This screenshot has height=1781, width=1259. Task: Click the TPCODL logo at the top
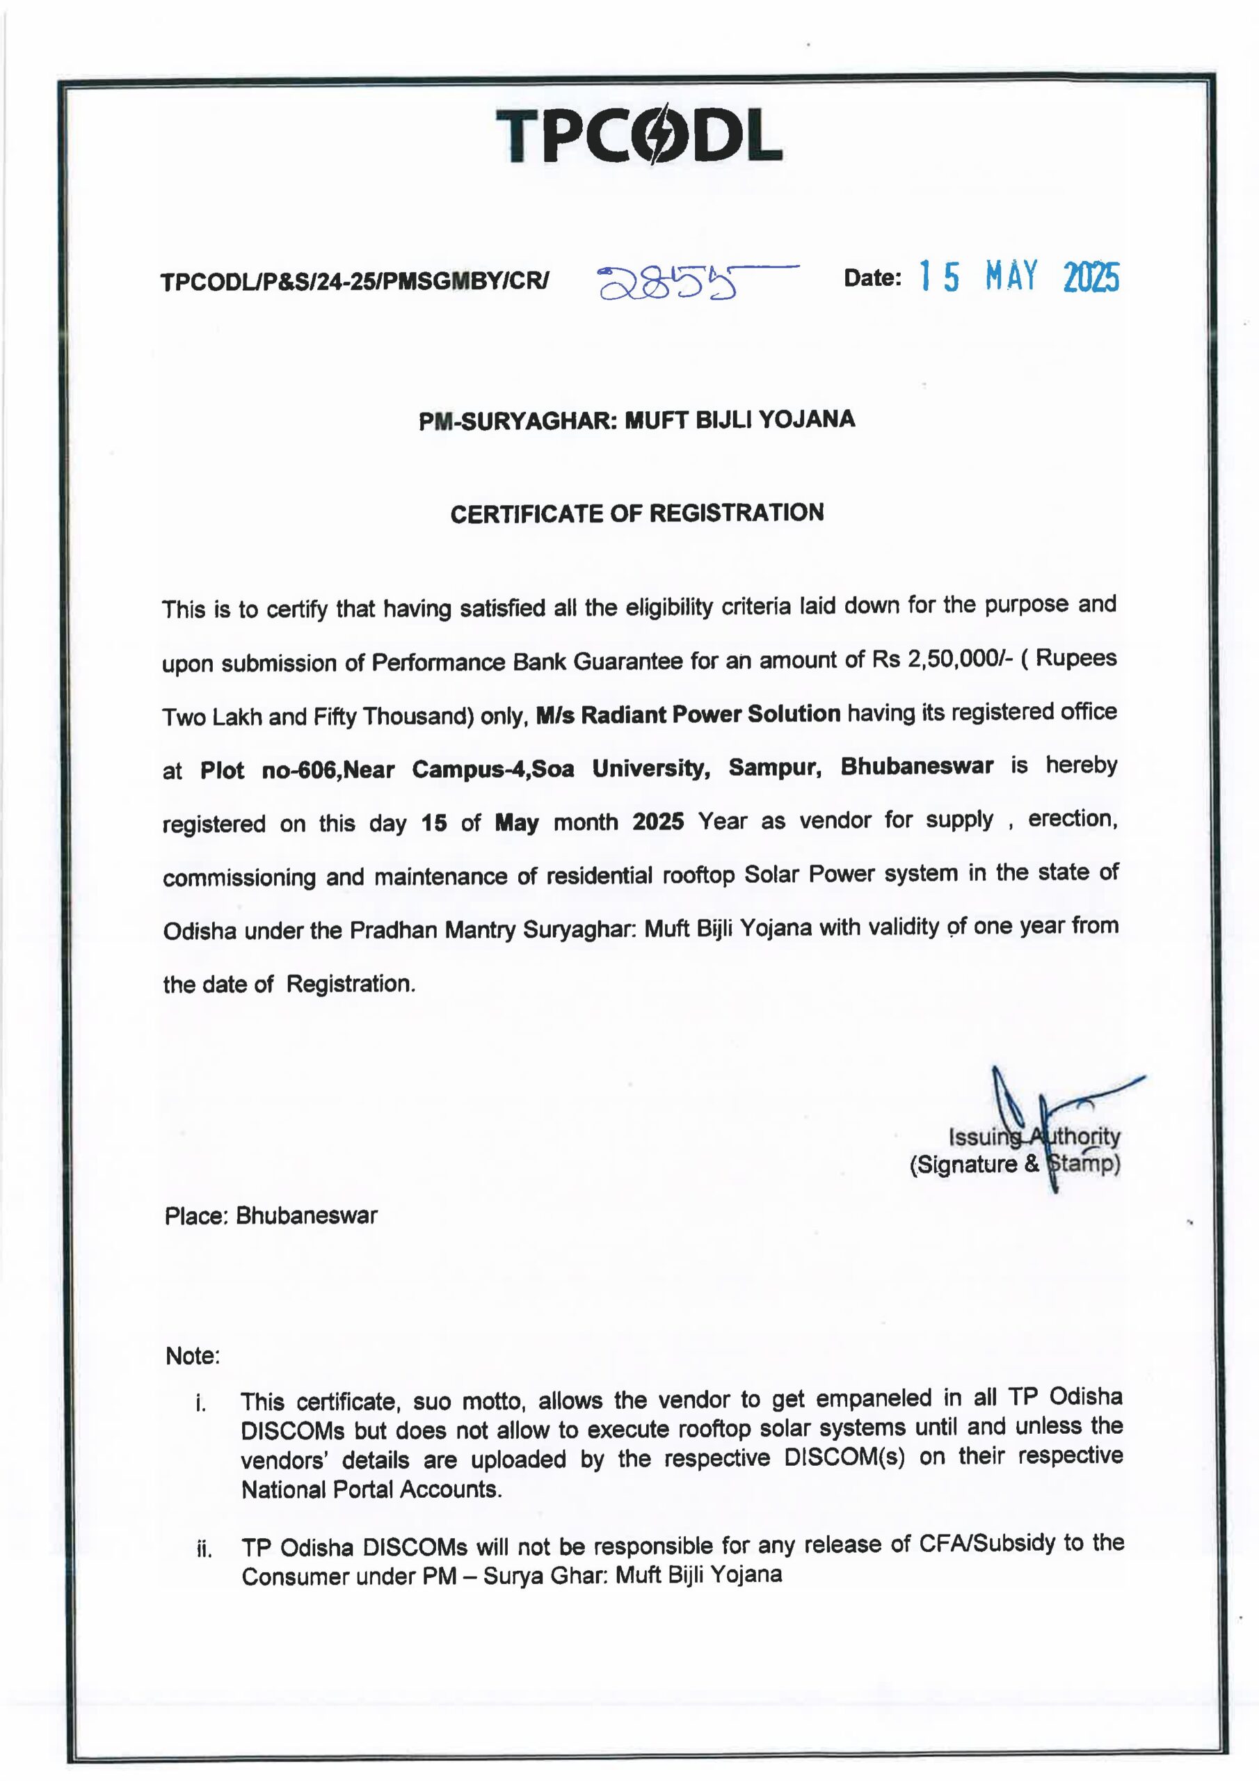point(638,136)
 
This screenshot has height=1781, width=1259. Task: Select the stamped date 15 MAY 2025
point(1018,276)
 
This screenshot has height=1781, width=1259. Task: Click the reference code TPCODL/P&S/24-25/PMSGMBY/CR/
point(355,281)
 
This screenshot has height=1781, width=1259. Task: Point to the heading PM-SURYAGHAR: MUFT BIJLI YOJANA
point(637,420)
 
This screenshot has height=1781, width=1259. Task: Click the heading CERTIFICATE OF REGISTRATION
point(637,513)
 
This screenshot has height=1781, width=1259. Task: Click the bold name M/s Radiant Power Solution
point(688,714)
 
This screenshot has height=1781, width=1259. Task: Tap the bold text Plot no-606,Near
point(298,769)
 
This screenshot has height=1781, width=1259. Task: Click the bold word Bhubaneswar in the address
point(916,767)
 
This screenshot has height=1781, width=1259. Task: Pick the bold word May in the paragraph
point(517,822)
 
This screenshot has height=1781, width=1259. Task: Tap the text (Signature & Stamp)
point(1014,1165)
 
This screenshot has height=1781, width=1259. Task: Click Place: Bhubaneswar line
point(271,1215)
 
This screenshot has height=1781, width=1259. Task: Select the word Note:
point(193,1356)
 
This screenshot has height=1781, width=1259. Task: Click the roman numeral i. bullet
point(201,1403)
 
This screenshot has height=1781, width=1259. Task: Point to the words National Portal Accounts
point(371,1490)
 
